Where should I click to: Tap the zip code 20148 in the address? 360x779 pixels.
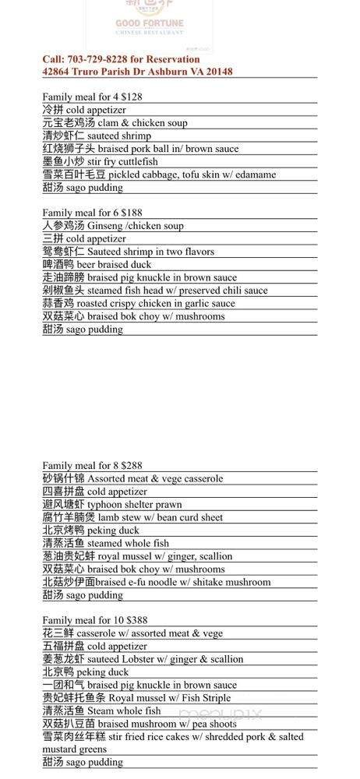[x=217, y=72]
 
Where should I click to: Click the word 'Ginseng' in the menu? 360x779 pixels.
[x=104, y=226]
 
